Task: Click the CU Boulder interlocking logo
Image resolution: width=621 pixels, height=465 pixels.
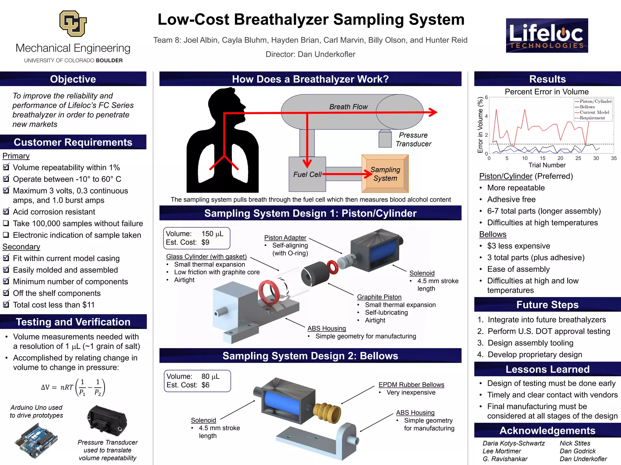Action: [73, 23]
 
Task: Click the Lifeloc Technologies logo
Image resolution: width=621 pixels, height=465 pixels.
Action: [547, 35]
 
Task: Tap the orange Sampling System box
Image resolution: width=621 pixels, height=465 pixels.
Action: [385, 174]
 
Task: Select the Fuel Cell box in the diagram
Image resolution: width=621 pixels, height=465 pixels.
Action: [307, 174]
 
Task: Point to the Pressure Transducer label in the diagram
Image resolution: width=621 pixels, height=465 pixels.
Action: [413, 140]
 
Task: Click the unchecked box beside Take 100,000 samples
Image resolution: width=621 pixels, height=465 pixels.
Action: [6, 223]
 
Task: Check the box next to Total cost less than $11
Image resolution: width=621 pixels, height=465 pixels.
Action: [6, 305]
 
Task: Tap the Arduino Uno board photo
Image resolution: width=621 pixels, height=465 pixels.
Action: [36, 440]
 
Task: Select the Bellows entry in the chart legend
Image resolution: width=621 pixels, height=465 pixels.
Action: [587, 107]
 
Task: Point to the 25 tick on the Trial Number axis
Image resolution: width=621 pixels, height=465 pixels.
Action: [578, 158]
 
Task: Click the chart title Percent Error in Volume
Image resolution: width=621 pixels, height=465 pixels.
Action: [546, 92]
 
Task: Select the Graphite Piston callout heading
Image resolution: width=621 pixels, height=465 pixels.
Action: [379, 297]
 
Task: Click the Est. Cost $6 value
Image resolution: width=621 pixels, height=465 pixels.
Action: [205, 385]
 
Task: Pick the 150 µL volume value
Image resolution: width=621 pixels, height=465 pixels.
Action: [212, 234]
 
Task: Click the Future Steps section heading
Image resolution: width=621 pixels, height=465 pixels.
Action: [547, 305]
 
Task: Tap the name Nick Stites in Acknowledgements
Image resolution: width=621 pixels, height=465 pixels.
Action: [575, 443]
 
